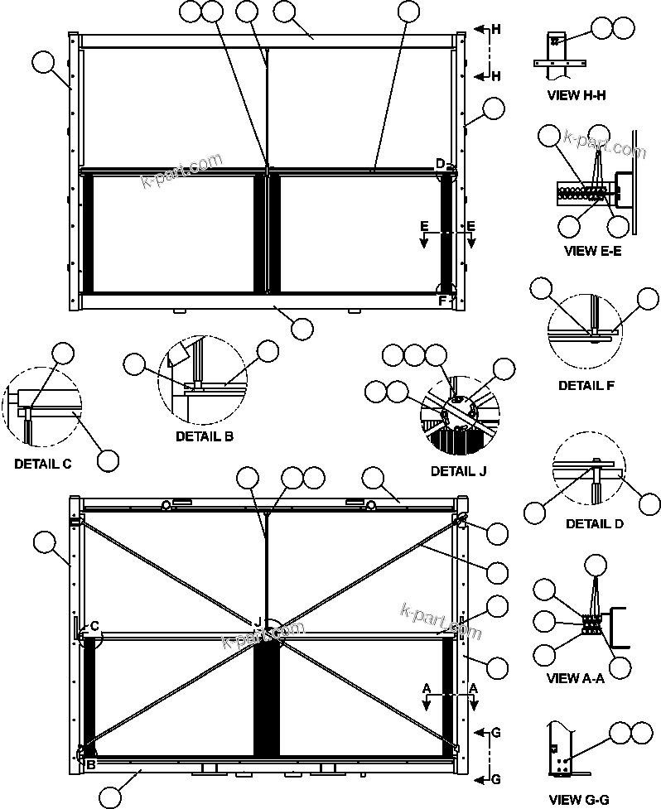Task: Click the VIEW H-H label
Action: [577, 95]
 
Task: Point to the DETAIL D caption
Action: [595, 524]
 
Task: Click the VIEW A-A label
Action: [576, 679]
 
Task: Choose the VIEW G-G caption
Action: [578, 800]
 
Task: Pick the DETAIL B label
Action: [204, 436]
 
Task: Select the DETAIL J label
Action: [458, 471]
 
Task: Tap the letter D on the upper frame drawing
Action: [440, 162]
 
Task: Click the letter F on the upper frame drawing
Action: [441, 301]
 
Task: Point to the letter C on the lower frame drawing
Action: [94, 626]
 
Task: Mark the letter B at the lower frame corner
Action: [90, 765]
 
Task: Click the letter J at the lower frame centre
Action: [258, 621]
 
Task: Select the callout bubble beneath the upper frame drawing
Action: [302, 328]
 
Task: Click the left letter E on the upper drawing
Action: [423, 225]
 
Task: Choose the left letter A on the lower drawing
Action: [427, 688]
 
